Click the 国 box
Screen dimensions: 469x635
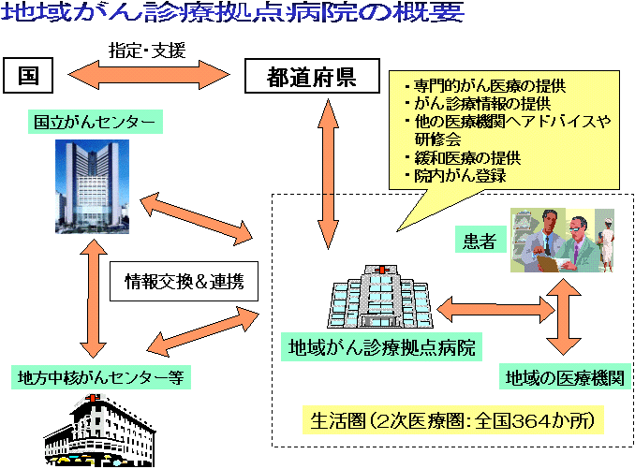pyautogui.click(x=29, y=76)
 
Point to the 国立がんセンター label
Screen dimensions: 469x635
pyautogui.click(x=94, y=122)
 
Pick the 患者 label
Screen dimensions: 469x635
pyautogui.click(x=480, y=242)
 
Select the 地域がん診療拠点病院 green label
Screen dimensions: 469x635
pyautogui.click(x=379, y=348)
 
